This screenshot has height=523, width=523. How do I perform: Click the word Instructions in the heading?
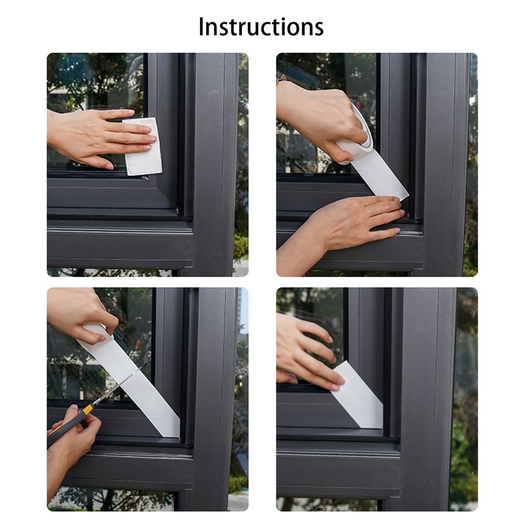click(261, 27)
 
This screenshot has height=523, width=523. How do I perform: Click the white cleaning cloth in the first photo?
click(143, 146)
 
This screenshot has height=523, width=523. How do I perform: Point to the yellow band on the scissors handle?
click(88, 409)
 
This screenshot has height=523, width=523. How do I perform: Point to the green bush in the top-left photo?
click(241, 247)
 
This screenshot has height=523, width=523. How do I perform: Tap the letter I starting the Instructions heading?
click(201, 27)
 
